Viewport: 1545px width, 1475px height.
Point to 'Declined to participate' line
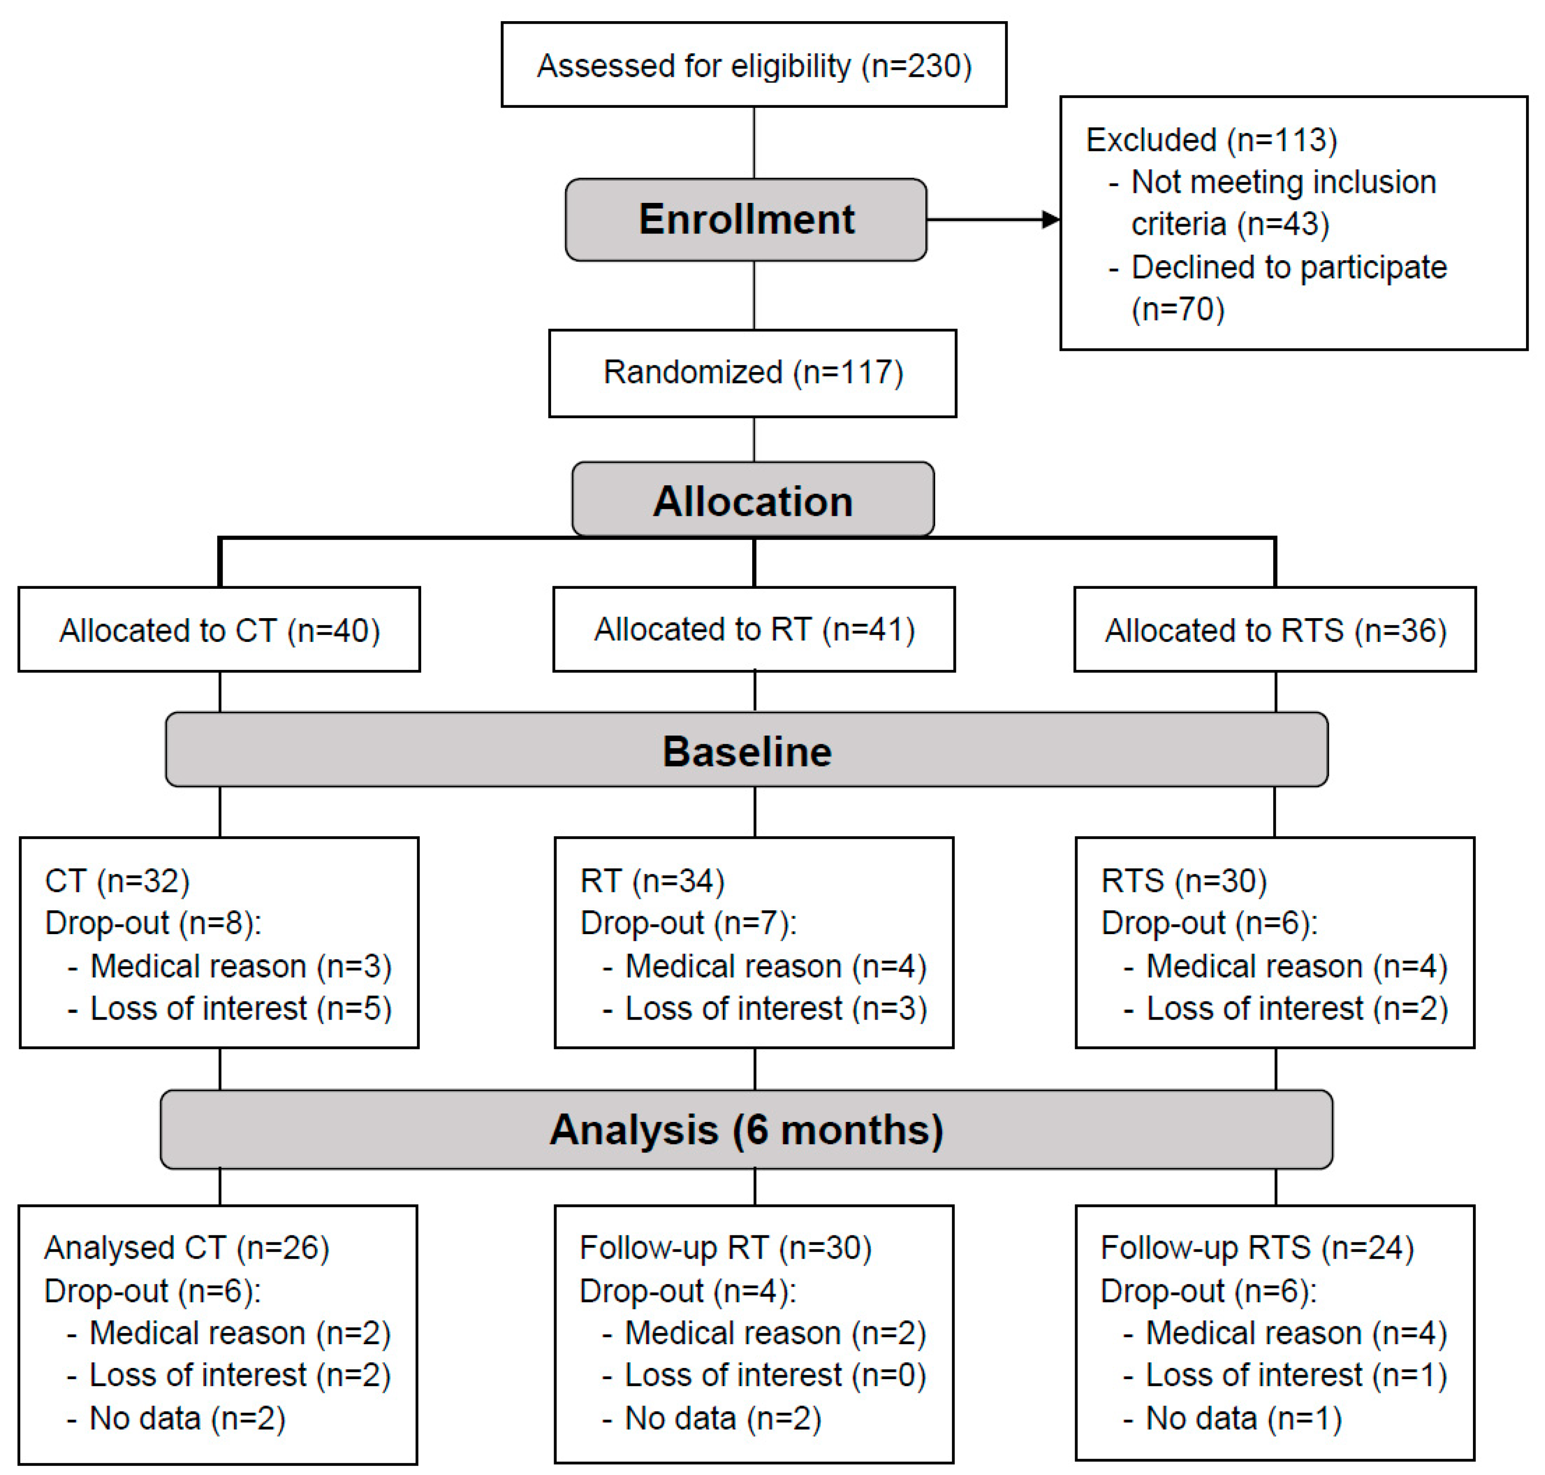click(1288, 267)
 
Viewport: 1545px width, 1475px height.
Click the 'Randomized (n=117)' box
click(752, 373)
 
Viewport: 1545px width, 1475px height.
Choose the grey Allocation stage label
click(752, 501)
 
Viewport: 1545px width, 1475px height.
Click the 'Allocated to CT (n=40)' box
click(219, 630)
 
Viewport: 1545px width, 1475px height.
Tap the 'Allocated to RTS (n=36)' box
click(1275, 630)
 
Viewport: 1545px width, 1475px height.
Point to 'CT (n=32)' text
click(117, 881)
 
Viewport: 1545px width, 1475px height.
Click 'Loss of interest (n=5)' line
click(240, 1009)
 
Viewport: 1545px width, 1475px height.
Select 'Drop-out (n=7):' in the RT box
click(687, 923)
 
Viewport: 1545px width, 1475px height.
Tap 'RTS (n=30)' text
click(1183, 881)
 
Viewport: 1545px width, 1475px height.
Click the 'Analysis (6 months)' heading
click(746, 1130)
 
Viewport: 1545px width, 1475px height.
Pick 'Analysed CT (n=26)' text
click(186, 1248)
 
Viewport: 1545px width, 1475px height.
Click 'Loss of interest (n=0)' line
click(775, 1375)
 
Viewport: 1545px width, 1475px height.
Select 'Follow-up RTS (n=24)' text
click(1257, 1248)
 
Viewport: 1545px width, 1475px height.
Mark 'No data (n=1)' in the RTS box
click(1243, 1418)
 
